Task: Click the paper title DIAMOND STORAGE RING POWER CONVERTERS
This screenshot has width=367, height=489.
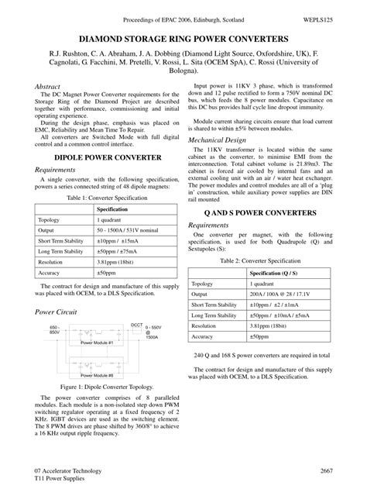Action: click(x=183, y=38)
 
